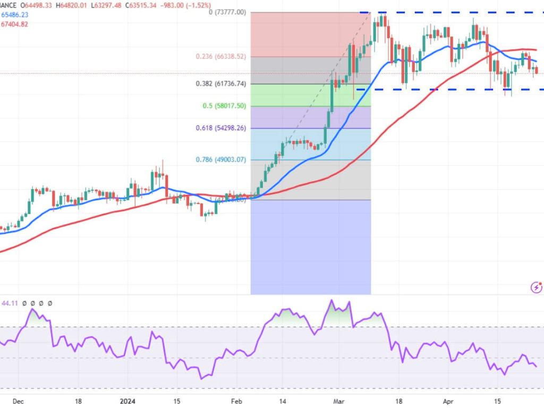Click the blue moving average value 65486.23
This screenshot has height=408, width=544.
coord(14,15)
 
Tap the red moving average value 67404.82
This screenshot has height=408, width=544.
coord(14,24)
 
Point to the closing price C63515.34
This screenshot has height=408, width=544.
coord(167,6)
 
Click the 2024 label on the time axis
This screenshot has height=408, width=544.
coord(127,401)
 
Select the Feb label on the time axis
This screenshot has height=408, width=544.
coord(237,401)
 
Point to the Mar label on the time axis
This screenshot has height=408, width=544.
coord(338,401)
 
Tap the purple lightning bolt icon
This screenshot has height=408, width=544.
coord(536,287)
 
